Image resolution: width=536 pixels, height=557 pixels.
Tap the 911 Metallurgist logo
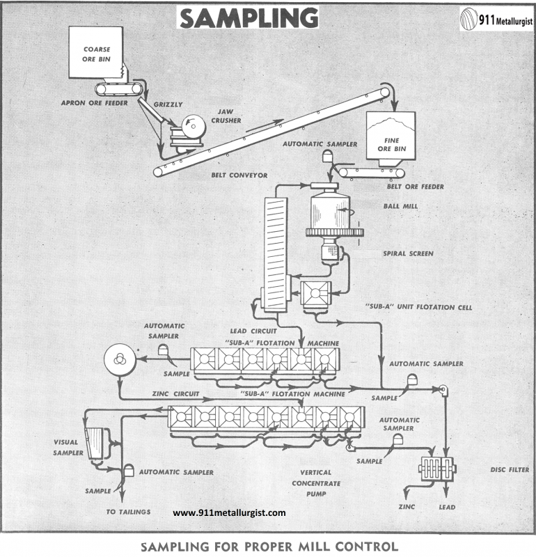coord(495,20)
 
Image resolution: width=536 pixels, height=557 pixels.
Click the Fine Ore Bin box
coord(391,139)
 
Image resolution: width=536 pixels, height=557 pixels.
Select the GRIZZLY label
coord(170,104)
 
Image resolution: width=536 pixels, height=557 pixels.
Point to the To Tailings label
coord(128,512)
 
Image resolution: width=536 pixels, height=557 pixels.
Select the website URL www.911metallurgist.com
coord(229,513)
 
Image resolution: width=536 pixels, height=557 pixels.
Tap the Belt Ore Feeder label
coord(416,187)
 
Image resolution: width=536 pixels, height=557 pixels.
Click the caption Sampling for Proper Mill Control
coord(269,546)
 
